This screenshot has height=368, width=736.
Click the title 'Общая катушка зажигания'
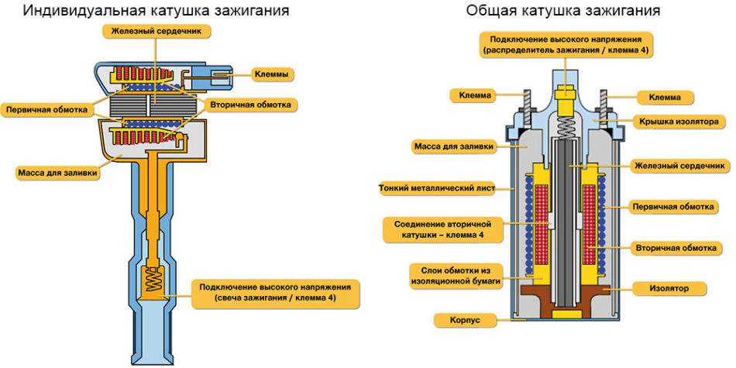[x=563, y=11]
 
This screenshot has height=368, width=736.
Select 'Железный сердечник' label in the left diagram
[x=156, y=30]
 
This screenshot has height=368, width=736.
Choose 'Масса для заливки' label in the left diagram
[x=58, y=173]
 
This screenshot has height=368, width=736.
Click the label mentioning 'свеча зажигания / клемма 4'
[x=275, y=291]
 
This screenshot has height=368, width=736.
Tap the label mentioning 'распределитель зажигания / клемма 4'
[x=565, y=45]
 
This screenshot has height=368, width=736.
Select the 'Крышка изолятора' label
[x=679, y=122]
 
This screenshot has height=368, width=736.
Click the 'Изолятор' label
[x=670, y=288]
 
